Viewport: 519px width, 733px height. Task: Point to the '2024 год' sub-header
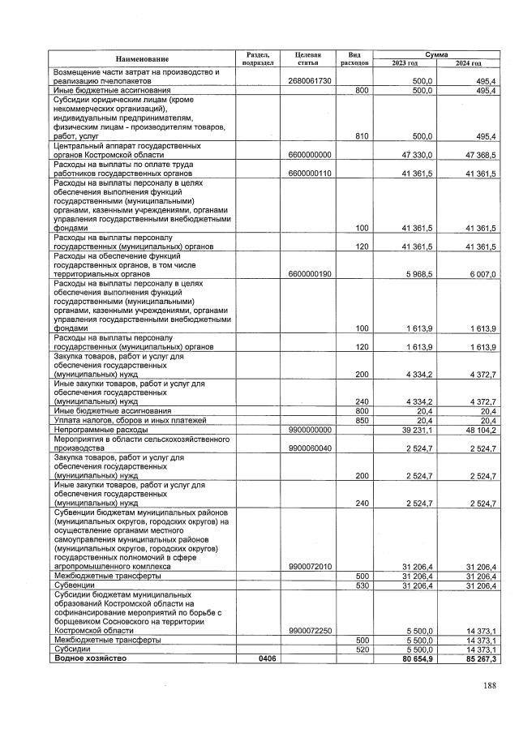(468, 63)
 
